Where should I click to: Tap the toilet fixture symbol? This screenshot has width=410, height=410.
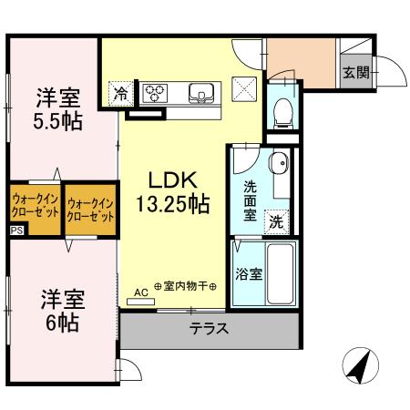click(x=282, y=110)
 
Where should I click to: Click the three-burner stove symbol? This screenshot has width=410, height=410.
click(x=154, y=91)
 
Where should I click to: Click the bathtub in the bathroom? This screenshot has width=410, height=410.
click(x=280, y=274)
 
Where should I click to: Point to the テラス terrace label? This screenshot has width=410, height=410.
click(x=209, y=329)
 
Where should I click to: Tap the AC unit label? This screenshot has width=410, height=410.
click(x=141, y=292)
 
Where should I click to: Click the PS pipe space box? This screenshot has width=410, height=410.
click(x=17, y=231)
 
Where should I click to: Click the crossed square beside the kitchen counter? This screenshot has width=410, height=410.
click(x=244, y=91)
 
